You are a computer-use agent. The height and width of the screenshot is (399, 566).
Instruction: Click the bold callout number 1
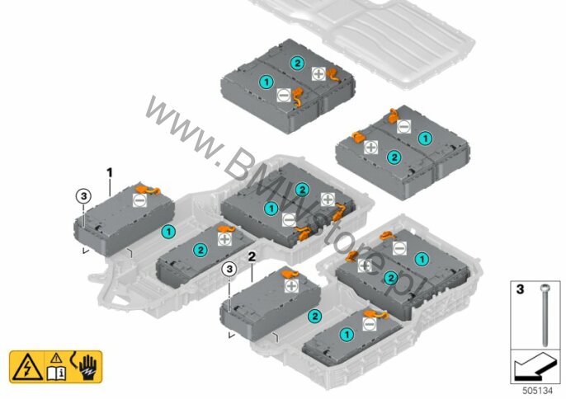110,173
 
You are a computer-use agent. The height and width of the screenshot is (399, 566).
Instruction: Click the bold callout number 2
252,257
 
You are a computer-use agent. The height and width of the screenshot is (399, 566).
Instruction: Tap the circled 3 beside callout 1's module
83,196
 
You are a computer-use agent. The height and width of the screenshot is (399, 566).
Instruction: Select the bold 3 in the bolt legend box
520,289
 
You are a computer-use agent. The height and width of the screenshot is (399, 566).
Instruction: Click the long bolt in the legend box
545,316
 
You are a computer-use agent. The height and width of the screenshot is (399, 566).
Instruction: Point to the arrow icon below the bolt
534,365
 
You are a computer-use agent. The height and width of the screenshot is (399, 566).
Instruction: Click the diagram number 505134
537,391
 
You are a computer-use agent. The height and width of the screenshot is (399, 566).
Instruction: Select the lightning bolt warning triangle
27,368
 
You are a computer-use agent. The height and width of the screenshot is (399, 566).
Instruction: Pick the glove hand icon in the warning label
87,367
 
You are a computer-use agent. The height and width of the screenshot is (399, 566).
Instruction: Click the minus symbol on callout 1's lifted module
139,200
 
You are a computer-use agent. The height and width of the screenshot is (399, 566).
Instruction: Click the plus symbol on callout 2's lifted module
291,286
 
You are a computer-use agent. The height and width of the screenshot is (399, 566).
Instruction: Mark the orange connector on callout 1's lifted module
147,189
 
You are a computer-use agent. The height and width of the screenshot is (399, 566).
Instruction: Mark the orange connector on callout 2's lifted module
290,274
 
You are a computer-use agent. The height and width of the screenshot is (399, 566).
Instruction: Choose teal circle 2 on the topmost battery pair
297,63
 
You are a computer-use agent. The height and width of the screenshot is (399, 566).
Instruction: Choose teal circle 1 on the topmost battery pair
266,82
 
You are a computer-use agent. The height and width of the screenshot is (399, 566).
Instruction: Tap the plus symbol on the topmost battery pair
318,74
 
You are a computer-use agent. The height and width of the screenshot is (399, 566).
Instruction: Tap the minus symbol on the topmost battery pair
283,96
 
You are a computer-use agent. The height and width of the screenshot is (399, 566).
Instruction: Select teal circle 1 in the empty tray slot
168,232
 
